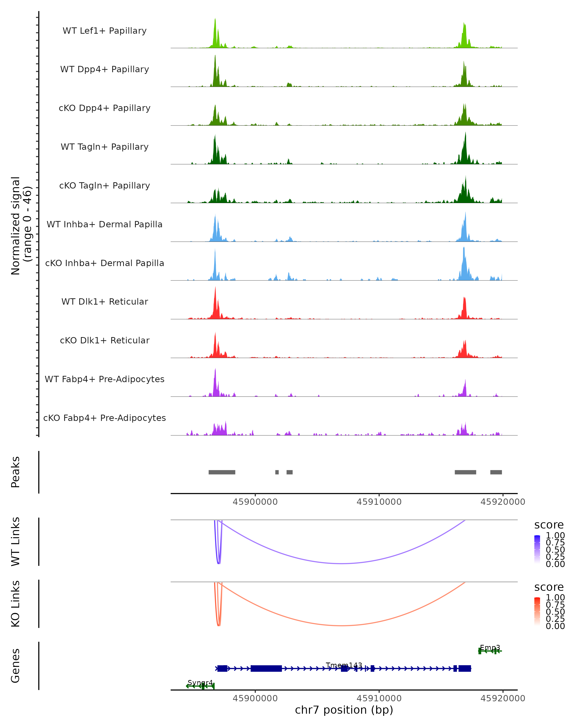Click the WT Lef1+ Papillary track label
[x=105, y=31]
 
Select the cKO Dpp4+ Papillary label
[x=105, y=108]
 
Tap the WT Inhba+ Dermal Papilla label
[x=105, y=225]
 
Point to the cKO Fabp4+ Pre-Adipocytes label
[x=105, y=418]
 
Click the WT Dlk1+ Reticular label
[x=105, y=302]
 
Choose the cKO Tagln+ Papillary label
[x=105, y=186]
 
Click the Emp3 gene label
[x=490, y=648]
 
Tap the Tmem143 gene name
[x=344, y=665]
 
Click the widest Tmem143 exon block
[x=266, y=668]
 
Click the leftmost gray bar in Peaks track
[x=222, y=472]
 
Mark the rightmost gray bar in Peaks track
[x=496, y=472]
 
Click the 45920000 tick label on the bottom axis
[x=503, y=698]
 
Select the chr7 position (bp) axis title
[x=344, y=710]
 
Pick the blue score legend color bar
[x=537, y=549]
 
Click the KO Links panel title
[x=16, y=604]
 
